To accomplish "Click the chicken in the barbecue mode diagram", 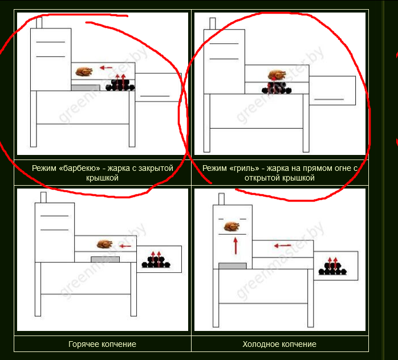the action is click(84, 72).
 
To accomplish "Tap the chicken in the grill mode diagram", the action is click(277, 75).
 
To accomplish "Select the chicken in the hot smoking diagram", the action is click(104, 244).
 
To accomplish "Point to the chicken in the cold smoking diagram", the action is click(232, 226).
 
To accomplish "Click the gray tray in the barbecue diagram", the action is click(86, 88).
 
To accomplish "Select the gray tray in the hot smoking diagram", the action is click(105, 259).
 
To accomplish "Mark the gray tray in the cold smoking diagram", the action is click(233, 266).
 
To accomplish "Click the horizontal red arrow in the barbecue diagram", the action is click(106, 68).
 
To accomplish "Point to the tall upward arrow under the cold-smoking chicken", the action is click(235, 246).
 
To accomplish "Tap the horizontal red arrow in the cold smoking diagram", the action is click(282, 246).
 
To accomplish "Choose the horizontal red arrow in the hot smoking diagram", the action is click(125, 246).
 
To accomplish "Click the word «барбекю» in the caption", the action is click(79, 168).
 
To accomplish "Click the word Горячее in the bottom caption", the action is click(84, 344).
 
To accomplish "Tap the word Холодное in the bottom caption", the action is click(259, 344).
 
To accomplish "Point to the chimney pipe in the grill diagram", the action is click(213, 23).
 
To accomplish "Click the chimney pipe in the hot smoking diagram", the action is click(43, 198).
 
